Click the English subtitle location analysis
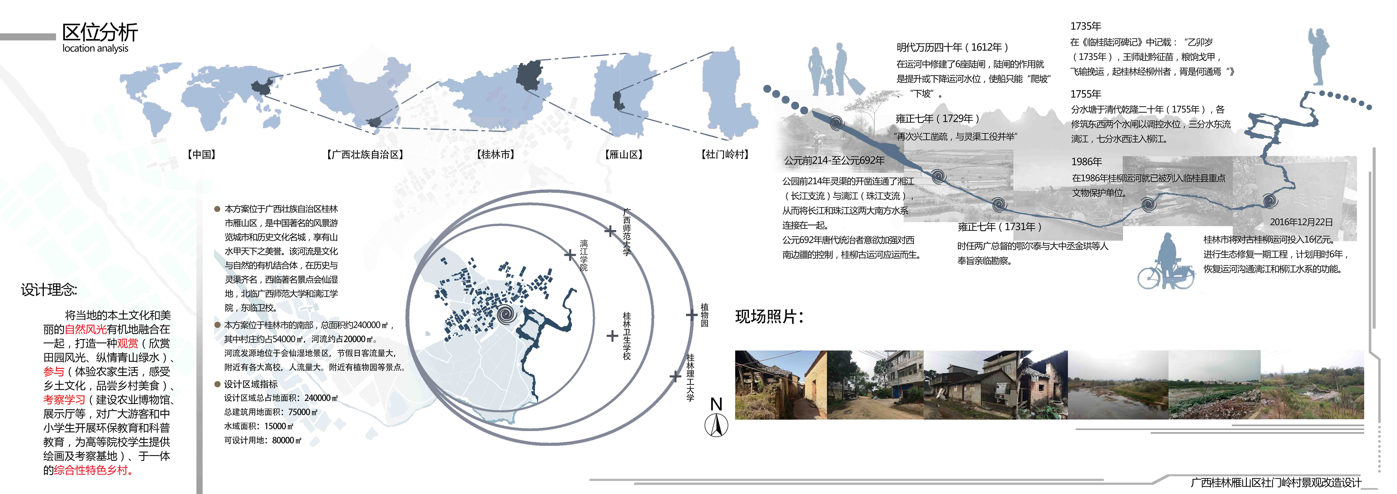[x=95, y=48]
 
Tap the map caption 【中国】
[x=202, y=154]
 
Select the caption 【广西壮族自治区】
[x=365, y=154]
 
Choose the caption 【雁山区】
[x=624, y=154]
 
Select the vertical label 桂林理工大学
[x=690, y=377]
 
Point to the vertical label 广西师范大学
[x=627, y=232]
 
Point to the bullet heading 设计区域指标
[x=251, y=384]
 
